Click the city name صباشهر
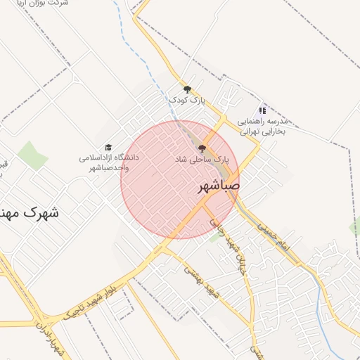coord(215,187)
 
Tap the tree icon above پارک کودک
coord(187,89)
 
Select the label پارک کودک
coord(187,101)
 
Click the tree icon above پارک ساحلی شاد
coord(202,148)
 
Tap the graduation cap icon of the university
coord(108,147)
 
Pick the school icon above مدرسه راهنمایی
coord(262,110)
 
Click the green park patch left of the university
coord(32,155)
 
